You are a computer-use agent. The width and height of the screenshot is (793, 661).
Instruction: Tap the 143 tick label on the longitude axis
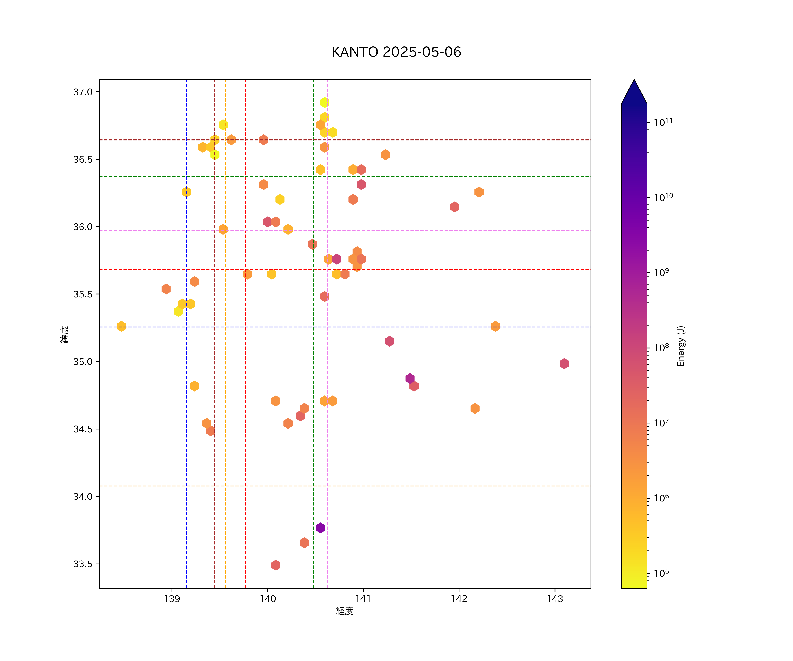pyautogui.click(x=555, y=599)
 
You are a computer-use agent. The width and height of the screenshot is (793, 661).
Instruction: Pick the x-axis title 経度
pyautogui.click(x=344, y=611)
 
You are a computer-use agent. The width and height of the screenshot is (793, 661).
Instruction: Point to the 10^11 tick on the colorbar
pyautogui.click(x=663, y=122)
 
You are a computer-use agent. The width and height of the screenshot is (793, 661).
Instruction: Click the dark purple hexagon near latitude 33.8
pyautogui.click(x=320, y=528)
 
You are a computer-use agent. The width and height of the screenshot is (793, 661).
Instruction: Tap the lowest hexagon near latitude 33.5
pyautogui.click(x=276, y=565)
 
